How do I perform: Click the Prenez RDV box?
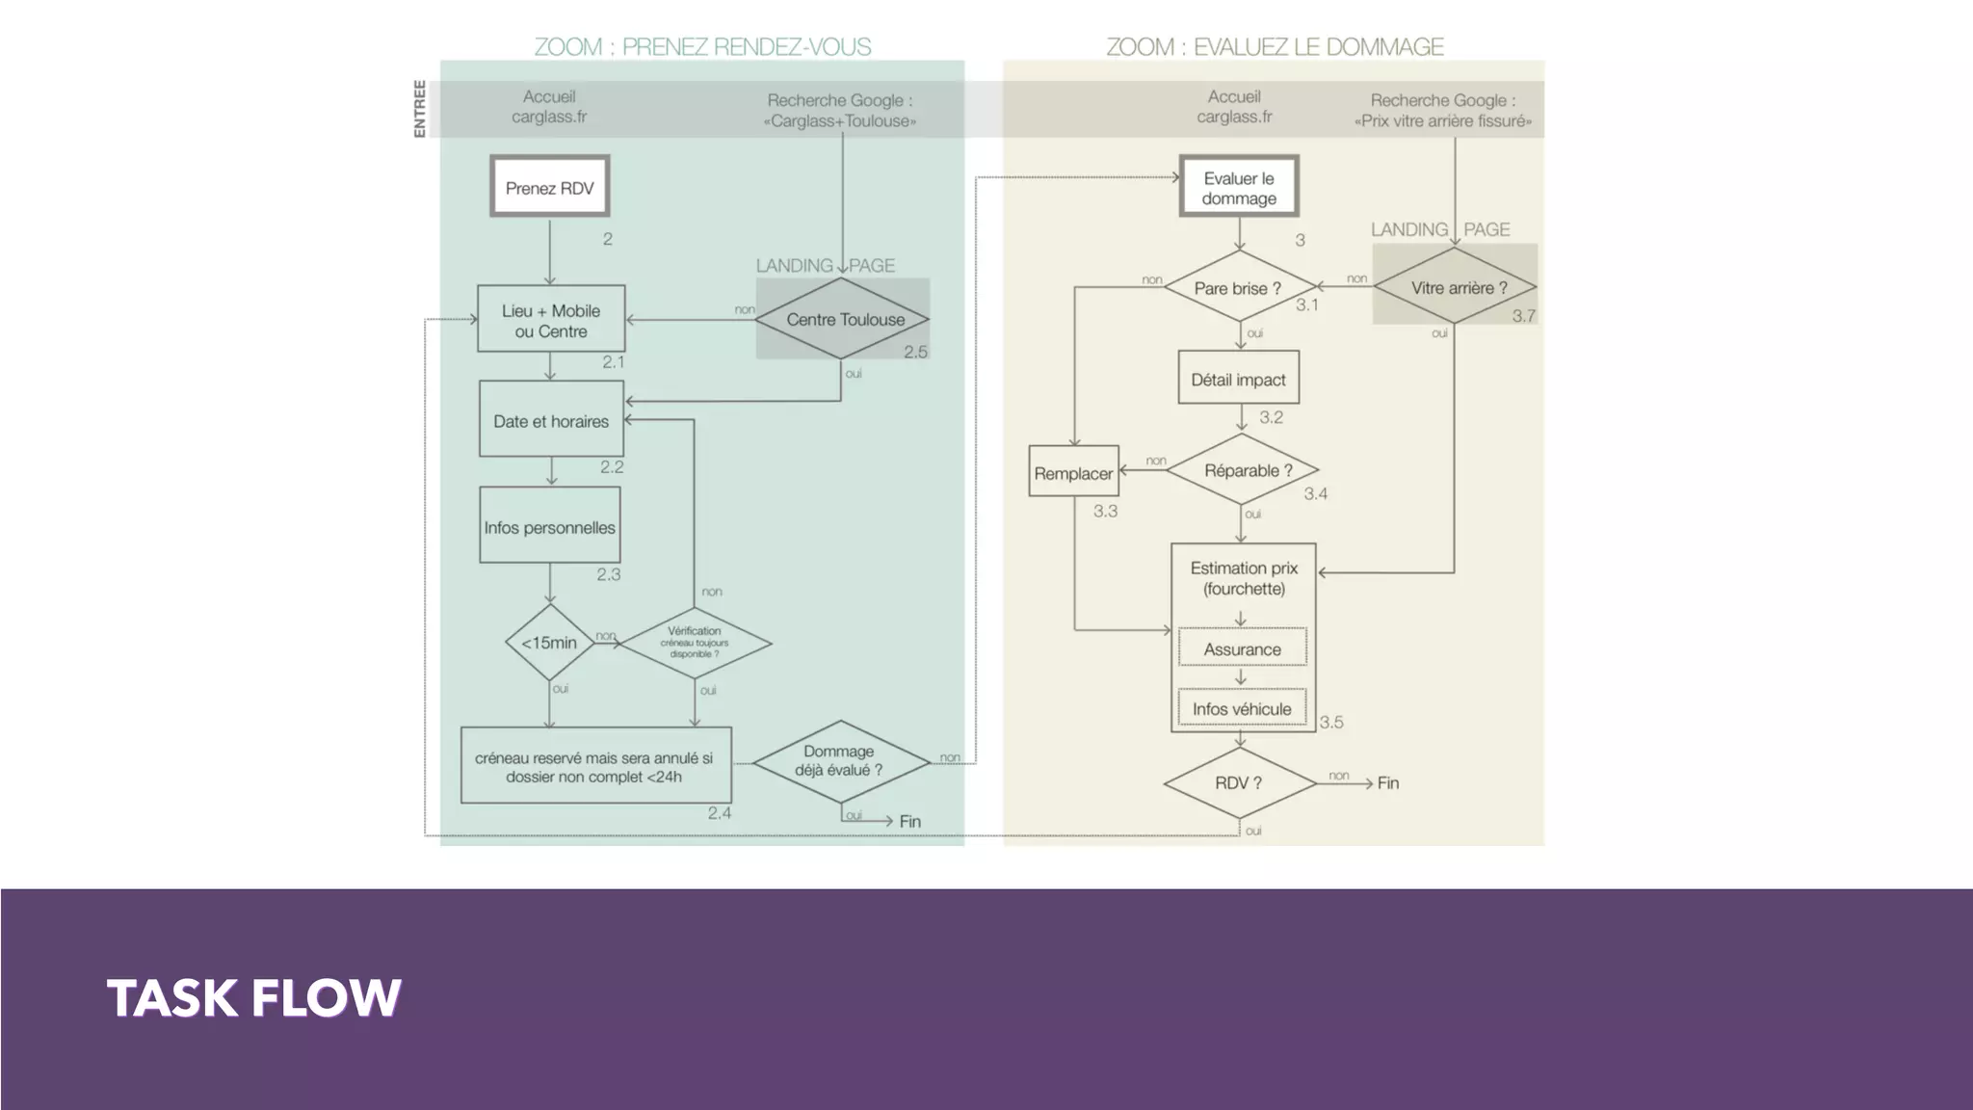coord(550,187)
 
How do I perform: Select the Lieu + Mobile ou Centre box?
coord(551,320)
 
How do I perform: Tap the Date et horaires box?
coord(551,420)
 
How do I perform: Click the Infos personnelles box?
coord(550,526)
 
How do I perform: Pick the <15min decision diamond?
coord(549,643)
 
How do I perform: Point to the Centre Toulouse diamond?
coord(843,319)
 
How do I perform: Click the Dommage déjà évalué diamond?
coord(840,761)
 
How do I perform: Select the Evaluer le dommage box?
coord(1239,187)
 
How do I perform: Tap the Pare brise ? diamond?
coord(1239,287)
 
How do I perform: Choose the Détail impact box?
coord(1238,379)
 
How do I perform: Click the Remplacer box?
coord(1073,472)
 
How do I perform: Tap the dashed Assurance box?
coord(1242,648)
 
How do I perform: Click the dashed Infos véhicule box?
coord(1242,708)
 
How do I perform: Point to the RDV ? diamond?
coord(1239,782)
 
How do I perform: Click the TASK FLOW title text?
coord(253,997)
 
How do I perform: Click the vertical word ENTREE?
coord(419,108)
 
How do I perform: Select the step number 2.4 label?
coord(720,813)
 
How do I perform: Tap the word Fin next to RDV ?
coord(1387,782)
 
